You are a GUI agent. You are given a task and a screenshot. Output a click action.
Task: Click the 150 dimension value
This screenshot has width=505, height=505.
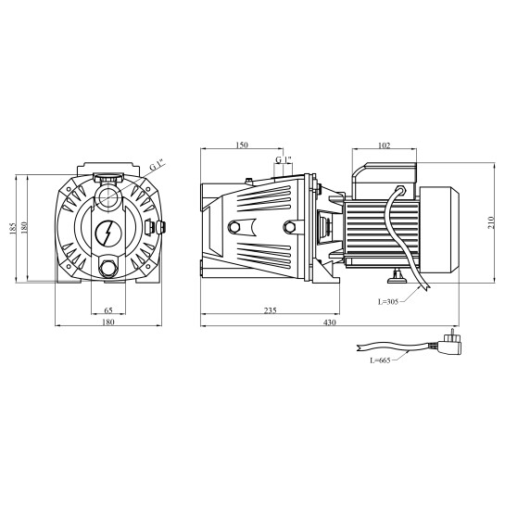click(242, 145)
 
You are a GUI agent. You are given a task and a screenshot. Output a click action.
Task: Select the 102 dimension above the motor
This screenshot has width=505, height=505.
click(384, 145)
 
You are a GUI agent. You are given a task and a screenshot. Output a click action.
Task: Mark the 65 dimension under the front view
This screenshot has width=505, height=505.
click(108, 310)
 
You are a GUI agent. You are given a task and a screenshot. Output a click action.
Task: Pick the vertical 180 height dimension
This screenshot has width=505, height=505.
click(26, 227)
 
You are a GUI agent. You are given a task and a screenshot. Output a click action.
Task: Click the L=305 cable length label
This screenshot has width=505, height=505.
click(389, 301)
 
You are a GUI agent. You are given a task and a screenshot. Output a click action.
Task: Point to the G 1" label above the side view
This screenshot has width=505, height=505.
click(283, 160)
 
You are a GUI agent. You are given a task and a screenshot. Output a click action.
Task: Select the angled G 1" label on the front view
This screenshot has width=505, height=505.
click(157, 166)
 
